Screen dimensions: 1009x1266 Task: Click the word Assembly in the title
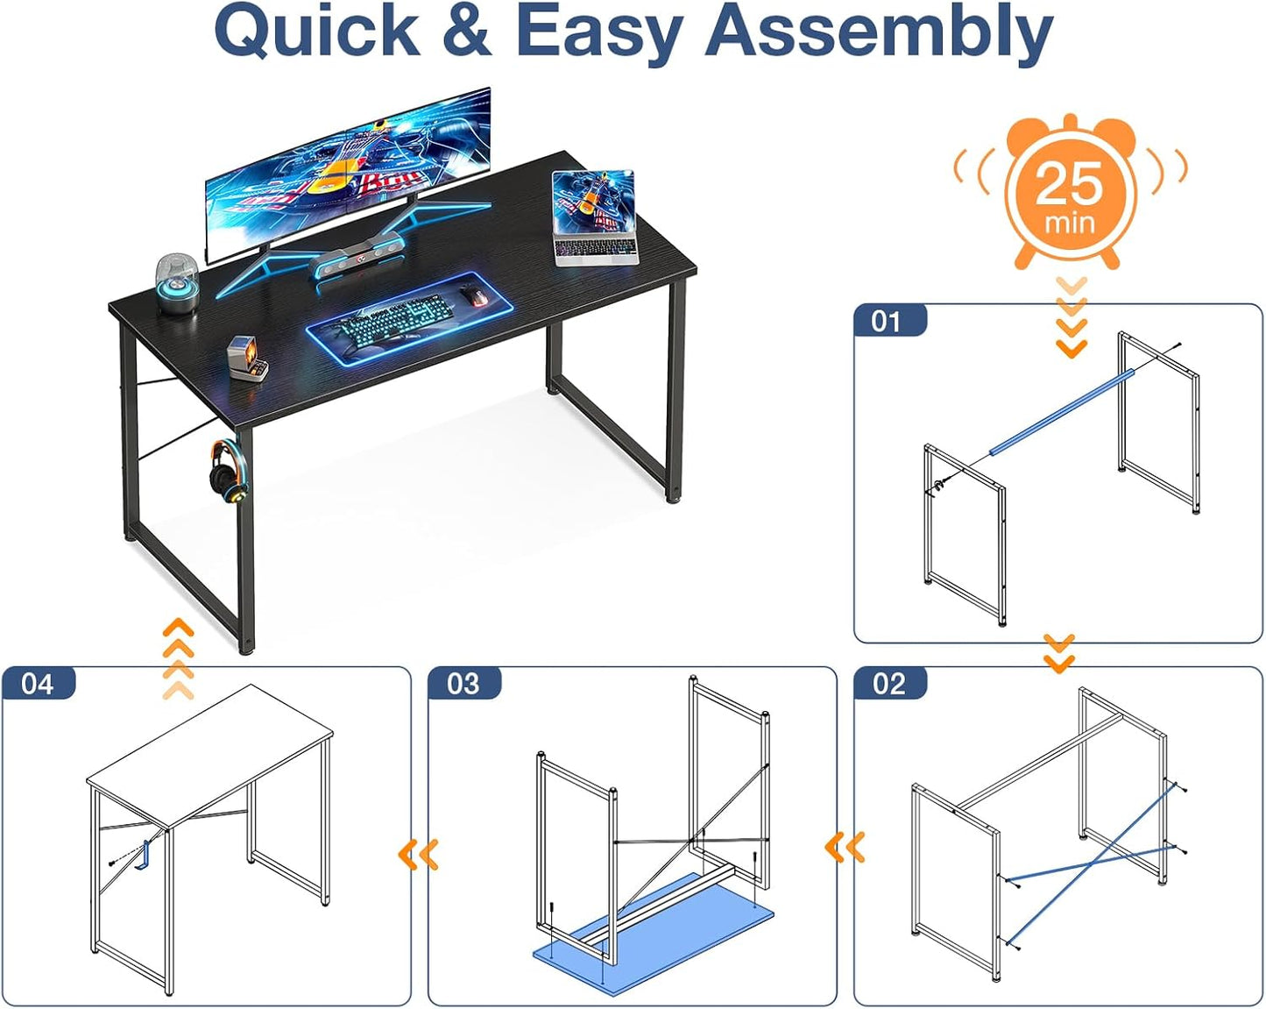[x=878, y=32]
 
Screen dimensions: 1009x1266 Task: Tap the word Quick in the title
[x=317, y=32]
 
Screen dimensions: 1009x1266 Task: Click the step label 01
[x=887, y=322]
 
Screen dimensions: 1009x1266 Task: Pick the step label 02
[x=888, y=684]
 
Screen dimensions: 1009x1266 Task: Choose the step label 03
[x=463, y=684]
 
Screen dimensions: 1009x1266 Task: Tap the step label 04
[x=38, y=684]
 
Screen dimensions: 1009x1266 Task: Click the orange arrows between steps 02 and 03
[x=845, y=847]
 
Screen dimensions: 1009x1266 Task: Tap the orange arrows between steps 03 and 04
[x=419, y=854]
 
